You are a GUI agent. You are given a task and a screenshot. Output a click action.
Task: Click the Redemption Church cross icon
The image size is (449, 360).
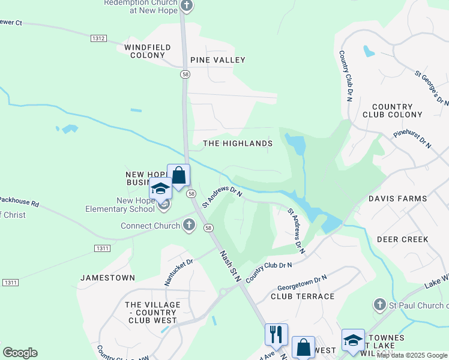pyautogui.click(x=187, y=6)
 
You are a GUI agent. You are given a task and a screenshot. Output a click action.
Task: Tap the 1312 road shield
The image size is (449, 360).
pyautogui.click(x=99, y=38)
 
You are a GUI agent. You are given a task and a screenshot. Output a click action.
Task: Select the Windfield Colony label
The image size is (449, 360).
pyautogui.click(x=147, y=51)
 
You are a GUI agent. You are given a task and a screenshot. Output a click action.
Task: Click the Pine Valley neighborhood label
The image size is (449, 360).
pyautogui.click(x=217, y=60)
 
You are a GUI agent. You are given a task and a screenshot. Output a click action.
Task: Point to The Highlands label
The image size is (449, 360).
pyautogui.click(x=238, y=143)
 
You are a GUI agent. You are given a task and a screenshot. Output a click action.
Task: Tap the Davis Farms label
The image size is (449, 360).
pyautogui.click(x=397, y=198)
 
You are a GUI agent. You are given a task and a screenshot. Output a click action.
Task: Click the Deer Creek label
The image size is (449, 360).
pyautogui.click(x=402, y=239)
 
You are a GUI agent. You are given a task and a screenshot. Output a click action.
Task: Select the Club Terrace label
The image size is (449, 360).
pyautogui.click(x=303, y=296)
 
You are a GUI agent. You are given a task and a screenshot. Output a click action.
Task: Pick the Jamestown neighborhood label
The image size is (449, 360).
pyautogui.click(x=107, y=278)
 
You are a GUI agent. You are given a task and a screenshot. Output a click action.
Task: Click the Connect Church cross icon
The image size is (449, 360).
pyautogui.click(x=189, y=226)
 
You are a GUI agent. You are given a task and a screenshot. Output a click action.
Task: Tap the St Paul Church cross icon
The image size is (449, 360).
pyautogui.click(x=379, y=305)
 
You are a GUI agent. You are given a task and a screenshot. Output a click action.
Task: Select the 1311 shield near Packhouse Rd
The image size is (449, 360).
pyautogui.click(x=102, y=248)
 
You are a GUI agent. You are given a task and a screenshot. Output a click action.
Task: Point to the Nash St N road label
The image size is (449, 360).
pyautogui.click(x=229, y=266)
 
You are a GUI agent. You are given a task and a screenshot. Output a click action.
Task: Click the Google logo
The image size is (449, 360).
pyautogui.click(x=20, y=353)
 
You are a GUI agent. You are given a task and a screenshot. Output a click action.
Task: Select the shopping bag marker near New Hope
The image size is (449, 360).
pyautogui.click(x=178, y=175)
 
